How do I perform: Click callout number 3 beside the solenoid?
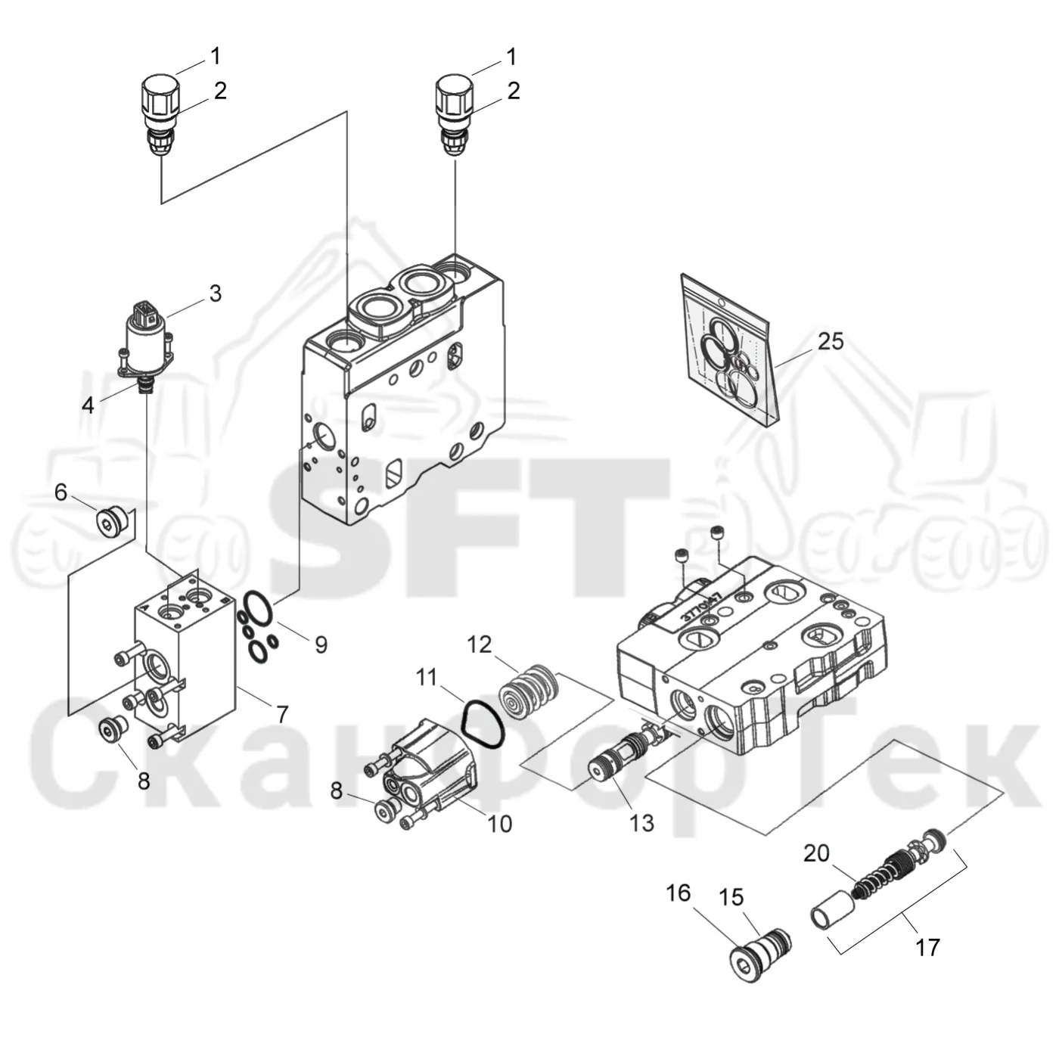pyautogui.click(x=216, y=293)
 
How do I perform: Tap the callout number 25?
pyautogui.click(x=831, y=341)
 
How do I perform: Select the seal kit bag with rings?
pyautogui.click(x=730, y=349)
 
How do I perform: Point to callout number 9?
pyautogui.click(x=321, y=644)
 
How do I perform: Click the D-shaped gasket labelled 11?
pyautogui.click(x=482, y=724)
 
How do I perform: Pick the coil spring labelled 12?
pyautogui.click(x=529, y=693)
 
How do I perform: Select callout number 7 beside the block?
pyautogui.click(x=282, y=714)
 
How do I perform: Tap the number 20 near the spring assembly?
pyautogui.click(x=816, y=853)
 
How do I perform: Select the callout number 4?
pyautogui.click(x=88, y=405)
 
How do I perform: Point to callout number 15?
pyautogui.click(x=731, y=897)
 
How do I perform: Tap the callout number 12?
pyautogui.click(x=480, y=644)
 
